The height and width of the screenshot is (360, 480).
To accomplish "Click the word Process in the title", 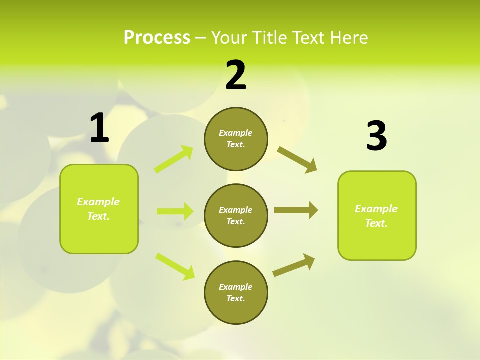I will pos(157,38).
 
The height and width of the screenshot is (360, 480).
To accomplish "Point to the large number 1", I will pos(99,128).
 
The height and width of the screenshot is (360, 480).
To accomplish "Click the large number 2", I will pos(236,75).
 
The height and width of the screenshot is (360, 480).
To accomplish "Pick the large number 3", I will pos(376,137).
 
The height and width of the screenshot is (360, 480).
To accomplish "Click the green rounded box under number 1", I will pos(99,209).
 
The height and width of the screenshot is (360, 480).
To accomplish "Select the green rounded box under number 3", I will pos(377,216).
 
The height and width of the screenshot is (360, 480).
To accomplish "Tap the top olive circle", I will pos(236,139).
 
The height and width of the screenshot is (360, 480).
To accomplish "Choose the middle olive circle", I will pos(236,216).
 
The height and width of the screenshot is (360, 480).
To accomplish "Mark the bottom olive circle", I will pos(236,293).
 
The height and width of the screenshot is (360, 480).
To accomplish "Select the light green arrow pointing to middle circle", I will pos(175,211).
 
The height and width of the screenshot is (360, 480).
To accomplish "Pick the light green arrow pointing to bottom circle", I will pos(175,266).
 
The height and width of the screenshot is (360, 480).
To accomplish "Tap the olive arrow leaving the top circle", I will pos(297,159).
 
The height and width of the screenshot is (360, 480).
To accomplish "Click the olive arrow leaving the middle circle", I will pos(296,210).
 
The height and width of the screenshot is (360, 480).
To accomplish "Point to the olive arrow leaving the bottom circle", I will pos(294,265).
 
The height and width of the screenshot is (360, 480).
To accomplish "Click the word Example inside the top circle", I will pos(236,133).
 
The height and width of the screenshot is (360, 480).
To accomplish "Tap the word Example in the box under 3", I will pos(376,209).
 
